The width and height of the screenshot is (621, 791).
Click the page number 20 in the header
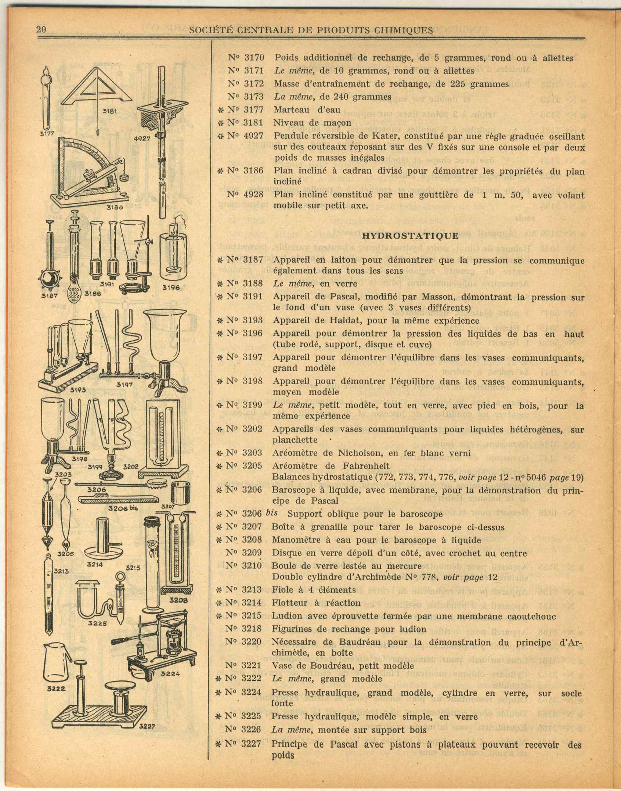[41, 30]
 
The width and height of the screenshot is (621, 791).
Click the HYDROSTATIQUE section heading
[410, 235]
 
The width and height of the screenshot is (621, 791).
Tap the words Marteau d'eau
[307, 109]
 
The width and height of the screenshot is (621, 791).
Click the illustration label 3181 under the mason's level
[109, 111]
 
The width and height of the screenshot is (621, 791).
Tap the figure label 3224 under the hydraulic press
[170, 673]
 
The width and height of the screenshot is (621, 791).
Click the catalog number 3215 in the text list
[252, 616]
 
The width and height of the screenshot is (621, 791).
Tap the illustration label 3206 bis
[123, 508]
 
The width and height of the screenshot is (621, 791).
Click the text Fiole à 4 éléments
[314, 590]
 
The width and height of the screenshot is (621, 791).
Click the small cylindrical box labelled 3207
[180, 493]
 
